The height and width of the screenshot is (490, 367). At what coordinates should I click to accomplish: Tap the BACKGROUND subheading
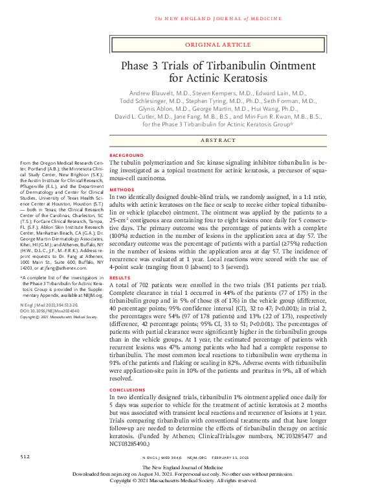click(x=126, y=156)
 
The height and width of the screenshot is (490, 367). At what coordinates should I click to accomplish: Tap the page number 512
click(x=25, y=456)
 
